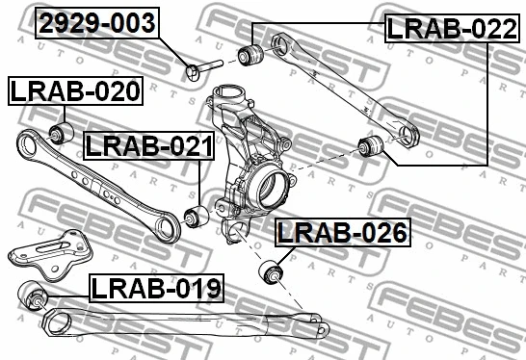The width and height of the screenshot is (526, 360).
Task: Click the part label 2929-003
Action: pos(95,24)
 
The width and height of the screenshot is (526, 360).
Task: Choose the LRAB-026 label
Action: pos(342,233)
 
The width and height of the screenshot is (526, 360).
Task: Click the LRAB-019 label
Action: pos(156,287)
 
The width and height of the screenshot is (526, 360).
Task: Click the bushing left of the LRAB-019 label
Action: pos(35,295)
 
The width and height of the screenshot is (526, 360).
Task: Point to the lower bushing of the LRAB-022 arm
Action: pos(371,146)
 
